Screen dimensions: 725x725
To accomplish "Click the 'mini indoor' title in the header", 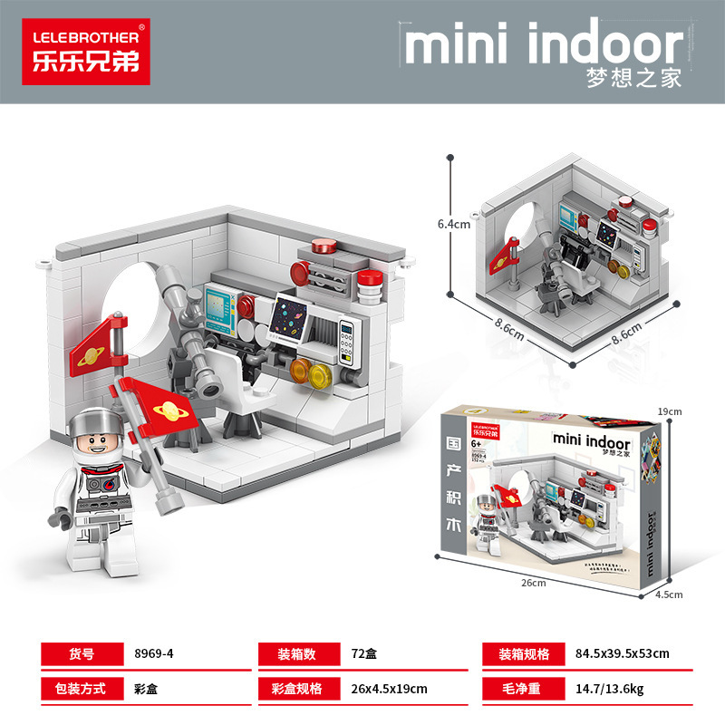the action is [544, 44].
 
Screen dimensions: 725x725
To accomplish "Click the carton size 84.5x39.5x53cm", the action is [623, 652].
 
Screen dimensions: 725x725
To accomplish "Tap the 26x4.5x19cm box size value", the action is [389, 689].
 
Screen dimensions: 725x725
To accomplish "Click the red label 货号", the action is [82, 652].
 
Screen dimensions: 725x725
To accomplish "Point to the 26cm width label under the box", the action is [535, 583].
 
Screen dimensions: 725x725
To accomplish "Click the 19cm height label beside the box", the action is [669, 411].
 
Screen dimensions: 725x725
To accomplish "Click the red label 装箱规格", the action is [524, 652].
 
